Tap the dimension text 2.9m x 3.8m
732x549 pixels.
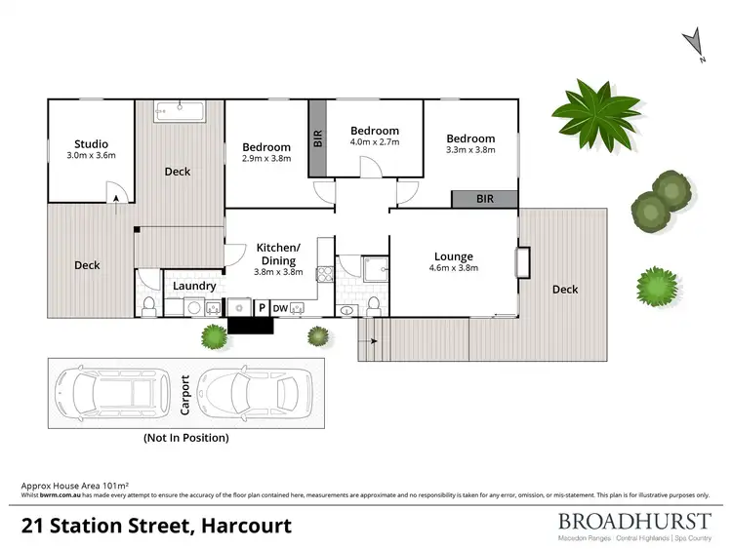pos(266,158)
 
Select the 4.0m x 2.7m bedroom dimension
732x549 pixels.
pos(375,142)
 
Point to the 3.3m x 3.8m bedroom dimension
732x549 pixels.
pos(470,150)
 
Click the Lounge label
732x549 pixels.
pos(454,256)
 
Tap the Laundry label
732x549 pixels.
pos(194,286)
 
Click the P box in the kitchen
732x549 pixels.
pos(261,307)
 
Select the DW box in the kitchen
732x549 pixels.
pos(280,307)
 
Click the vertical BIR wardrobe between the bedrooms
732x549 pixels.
pos(317,138)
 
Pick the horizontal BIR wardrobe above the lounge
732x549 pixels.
pos(484,199)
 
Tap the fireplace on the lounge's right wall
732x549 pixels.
pos(523,263)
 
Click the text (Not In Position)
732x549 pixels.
pos(185,438)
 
